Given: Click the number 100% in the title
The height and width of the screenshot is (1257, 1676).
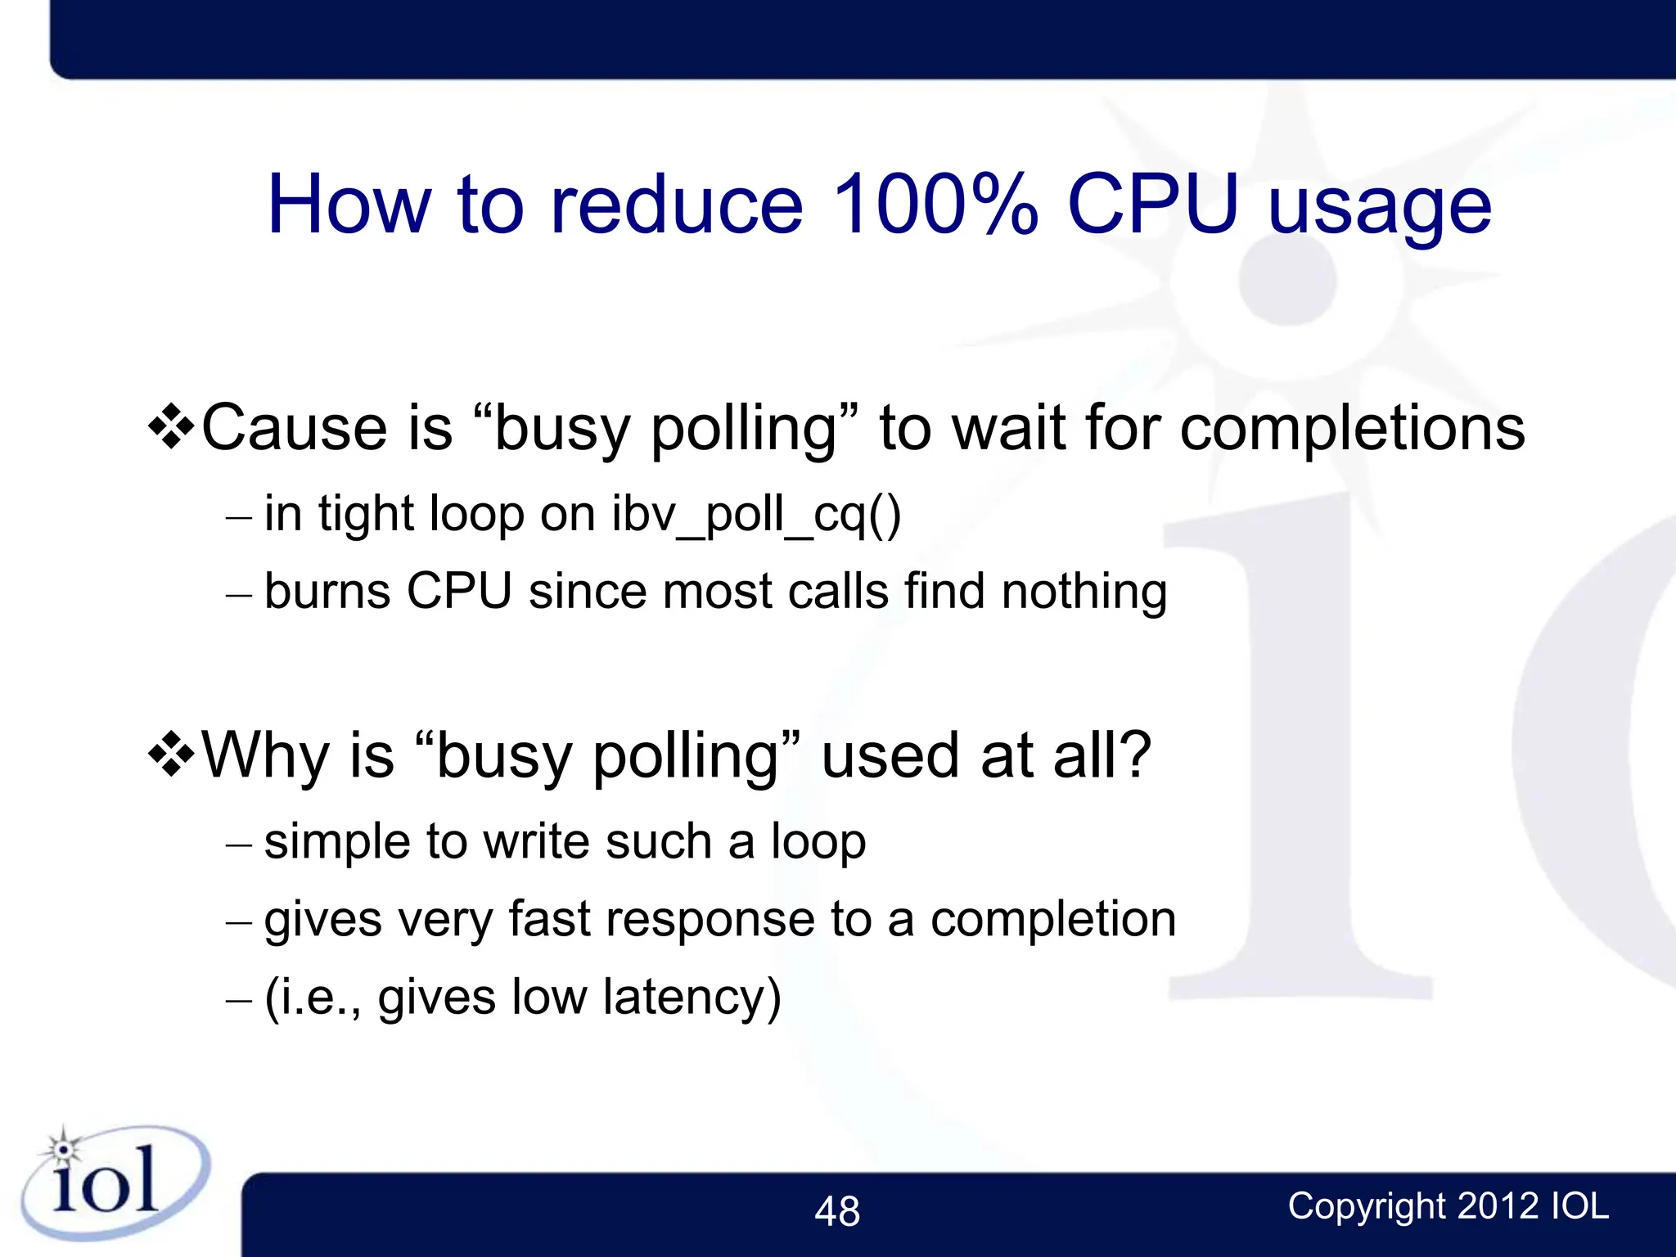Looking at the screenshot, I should [935, 205].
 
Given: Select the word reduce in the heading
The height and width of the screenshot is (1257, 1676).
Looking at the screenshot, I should [678, 205].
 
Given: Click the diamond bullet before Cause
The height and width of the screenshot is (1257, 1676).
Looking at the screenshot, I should [171, 426].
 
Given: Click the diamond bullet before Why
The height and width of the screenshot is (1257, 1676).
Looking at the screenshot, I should [171, 754].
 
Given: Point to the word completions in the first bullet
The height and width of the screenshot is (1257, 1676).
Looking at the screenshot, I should [1353, 429].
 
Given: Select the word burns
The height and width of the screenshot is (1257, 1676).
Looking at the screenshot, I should [327, 591].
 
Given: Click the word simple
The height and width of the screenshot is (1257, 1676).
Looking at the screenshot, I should [336, 843].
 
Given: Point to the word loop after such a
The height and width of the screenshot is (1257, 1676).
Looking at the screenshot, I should [818, 841].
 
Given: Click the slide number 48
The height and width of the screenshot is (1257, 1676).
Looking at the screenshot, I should [837, 1211].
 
